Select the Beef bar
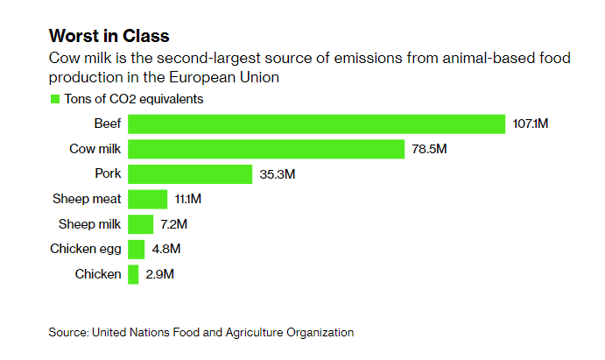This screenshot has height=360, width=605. click(x=317, y=124)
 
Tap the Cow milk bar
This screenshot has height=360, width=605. click(x=266, y=149)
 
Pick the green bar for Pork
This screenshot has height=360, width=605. click(x=190, y=173)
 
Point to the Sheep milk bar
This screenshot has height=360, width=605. click(x=141, y=224)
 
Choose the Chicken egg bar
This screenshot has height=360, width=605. click(x=137, y=250)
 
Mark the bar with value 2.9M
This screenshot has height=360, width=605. click(x=133, y=274)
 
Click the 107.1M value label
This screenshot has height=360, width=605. click(x=531, y=124)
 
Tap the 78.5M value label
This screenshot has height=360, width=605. click(x=429, y=149)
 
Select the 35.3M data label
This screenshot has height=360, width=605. click(x=278, y=173)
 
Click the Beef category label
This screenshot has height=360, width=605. click(x=107, y=124)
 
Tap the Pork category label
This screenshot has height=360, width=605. click(x=107, y=173)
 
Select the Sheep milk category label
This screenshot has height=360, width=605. click(x=89, y=224)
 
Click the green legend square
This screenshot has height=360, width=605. click(x=54, y=99)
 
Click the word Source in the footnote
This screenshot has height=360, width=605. click(x=67, y=332)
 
